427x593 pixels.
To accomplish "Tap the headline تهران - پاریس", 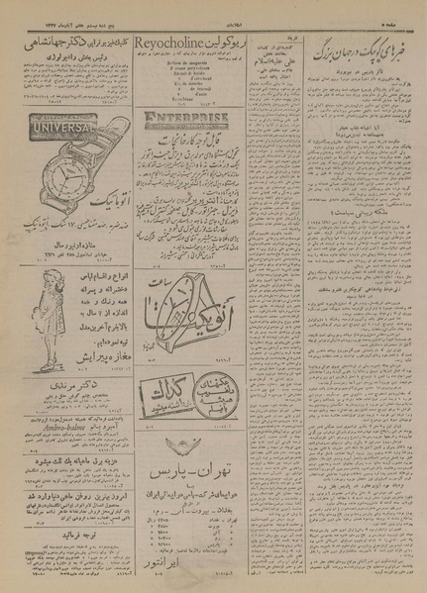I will pyautogui.click(x=180, y=470).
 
